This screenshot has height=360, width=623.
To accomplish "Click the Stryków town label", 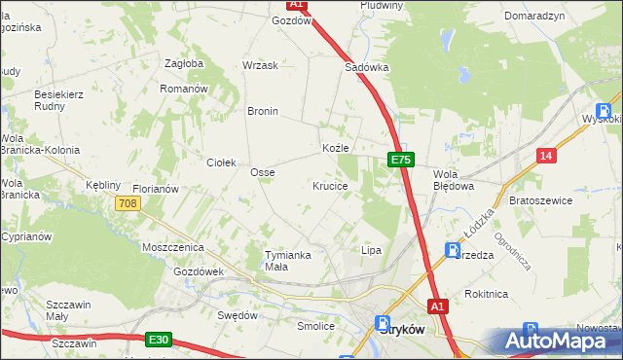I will pos(399,329).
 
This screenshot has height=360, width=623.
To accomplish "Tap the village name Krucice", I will pos(330,185).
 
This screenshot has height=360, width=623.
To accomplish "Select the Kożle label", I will pos(335,148).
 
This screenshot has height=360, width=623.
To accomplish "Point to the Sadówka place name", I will pos(367,68).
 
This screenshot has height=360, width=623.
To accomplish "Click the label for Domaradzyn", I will pos(533,18).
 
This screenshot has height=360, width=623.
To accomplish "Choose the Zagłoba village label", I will pos(184,63).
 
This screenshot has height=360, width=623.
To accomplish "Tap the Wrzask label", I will pos(260,65).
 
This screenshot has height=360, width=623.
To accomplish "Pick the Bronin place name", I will pos(263,111).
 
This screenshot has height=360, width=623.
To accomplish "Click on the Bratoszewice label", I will pos(540,199).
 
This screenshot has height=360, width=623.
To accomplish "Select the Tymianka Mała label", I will pos(289,260).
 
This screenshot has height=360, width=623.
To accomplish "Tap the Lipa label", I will pos(371,250).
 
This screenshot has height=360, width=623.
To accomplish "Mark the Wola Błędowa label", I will pos(453,179).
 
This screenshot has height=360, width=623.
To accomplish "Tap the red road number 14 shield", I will pos(547,156).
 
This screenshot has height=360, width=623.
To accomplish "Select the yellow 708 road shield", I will pos(128,203).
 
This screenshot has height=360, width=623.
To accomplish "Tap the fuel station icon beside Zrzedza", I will pos(453,250).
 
